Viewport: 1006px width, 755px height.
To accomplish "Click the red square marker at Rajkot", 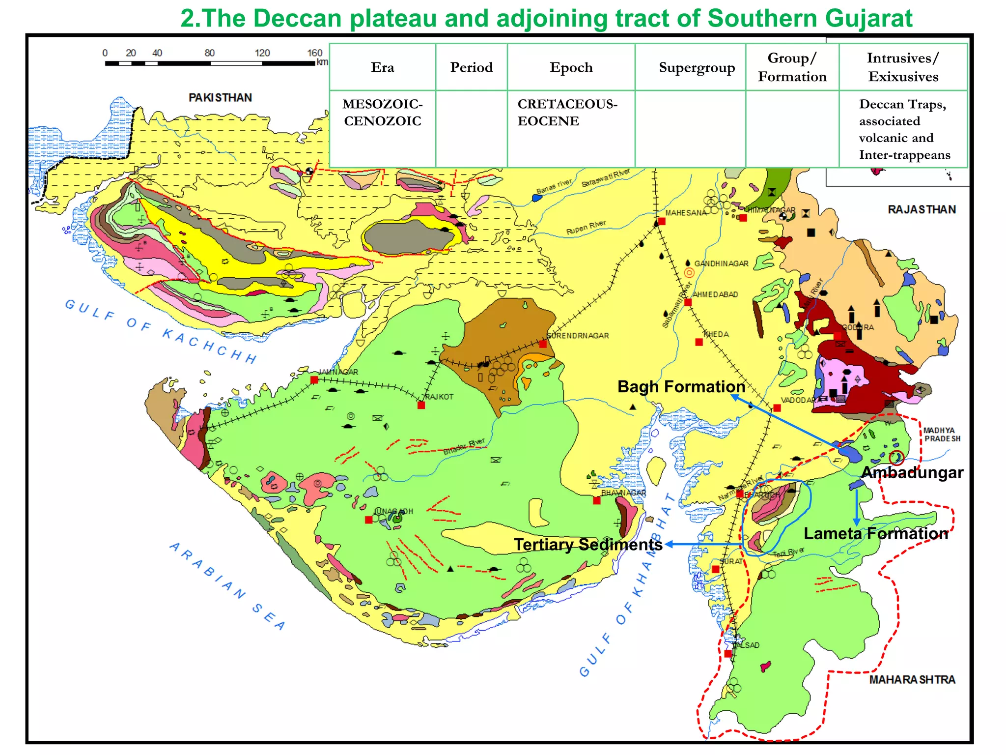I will (421, 406).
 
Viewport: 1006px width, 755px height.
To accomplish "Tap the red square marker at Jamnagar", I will (314, 380).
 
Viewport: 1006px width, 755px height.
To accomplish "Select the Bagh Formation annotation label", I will (681, 387).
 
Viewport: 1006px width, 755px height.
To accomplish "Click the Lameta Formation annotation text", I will (875, 534).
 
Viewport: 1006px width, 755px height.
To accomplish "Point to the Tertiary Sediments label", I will (588, 545).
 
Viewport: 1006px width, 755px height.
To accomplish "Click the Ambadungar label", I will (912, 473).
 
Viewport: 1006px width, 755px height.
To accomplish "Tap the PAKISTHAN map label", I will (220, 98).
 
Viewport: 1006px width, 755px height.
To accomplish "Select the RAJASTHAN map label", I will (922, 210).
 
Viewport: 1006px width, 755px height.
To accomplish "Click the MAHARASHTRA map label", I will (912, 680).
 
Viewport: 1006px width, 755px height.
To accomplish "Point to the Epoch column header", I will (571, 67).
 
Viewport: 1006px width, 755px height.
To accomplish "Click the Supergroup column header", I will (697, 67).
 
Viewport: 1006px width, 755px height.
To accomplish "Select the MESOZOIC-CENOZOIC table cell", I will (382, 113).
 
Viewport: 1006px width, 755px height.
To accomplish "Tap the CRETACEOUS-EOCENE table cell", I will (567, 113).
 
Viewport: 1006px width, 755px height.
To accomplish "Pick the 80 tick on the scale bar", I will (210, 53).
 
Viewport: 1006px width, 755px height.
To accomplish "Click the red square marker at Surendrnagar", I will (543, 344).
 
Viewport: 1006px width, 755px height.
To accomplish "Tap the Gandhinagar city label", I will (721, 264).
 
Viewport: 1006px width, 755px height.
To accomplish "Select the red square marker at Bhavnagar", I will (596, 500).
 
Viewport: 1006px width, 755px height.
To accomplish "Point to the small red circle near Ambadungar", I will (896, 458).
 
